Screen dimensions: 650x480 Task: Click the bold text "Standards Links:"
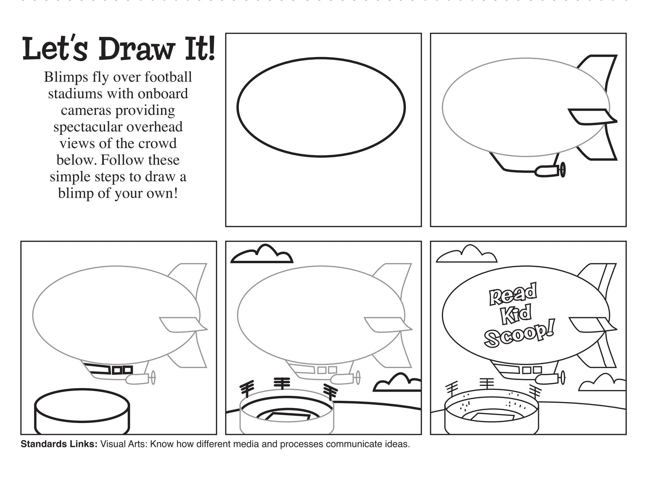point(59,444)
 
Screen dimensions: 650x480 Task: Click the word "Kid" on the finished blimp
point(517,314)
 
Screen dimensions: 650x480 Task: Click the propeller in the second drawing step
point(563,170)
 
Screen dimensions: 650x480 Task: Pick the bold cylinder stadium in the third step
point(82,411)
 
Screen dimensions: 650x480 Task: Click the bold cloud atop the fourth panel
point(262,254)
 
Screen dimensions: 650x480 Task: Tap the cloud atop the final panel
point(466,254)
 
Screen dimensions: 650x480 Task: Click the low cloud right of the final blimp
point(602,383)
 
